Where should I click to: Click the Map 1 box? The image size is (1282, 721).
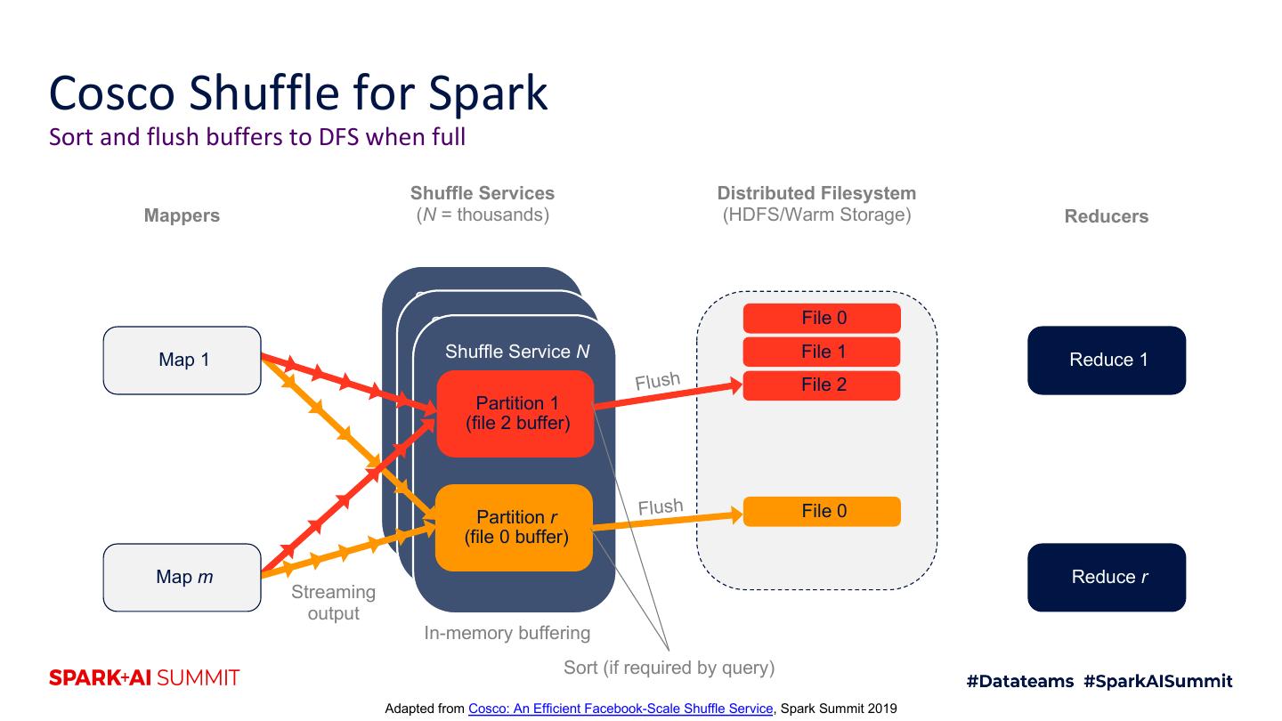point(183,360)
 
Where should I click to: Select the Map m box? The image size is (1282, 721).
point(183,577)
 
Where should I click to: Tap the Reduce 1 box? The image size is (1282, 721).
point(1107,360)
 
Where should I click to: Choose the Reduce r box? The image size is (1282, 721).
point(1107,577)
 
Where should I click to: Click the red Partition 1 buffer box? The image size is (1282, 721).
point(515,414)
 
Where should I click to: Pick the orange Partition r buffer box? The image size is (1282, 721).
point(515,528)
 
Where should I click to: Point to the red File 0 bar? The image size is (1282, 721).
point(822,318)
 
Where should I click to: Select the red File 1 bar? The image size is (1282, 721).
point(822,352)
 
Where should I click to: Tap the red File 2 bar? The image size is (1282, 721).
point(822,385)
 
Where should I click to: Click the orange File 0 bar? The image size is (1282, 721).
point(822,511)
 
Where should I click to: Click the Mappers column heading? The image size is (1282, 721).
point(182,215)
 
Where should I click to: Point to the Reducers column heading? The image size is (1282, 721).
point(1106,216)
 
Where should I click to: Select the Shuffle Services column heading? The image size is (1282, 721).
point(483,193)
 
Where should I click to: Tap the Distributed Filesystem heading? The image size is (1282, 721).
point(816,193)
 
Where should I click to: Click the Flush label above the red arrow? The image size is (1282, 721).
point(657,381)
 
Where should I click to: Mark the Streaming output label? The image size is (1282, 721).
point(334,603)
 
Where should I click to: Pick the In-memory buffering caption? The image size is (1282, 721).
point(507,633)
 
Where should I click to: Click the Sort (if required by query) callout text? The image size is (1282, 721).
point(669,667)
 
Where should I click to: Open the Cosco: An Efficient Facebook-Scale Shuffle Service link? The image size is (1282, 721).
point(621,709)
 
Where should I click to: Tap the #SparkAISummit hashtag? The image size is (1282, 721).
point(1158,681)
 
